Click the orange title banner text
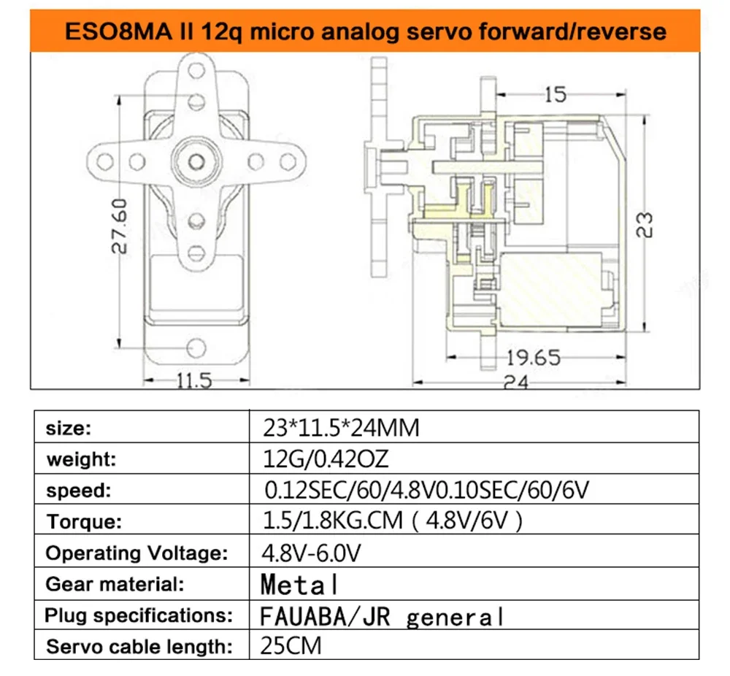[364, 31]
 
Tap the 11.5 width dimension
[194, 380]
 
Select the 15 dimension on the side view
[556, 94]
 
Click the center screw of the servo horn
[196, 159]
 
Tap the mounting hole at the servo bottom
[195, 345]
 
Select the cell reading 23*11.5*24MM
[340, 428]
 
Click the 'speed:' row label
[77, 491]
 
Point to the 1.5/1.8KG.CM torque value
[393, 521]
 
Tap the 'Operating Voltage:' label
[137, 553]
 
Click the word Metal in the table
[299, 585]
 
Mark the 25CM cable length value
[291, 646]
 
